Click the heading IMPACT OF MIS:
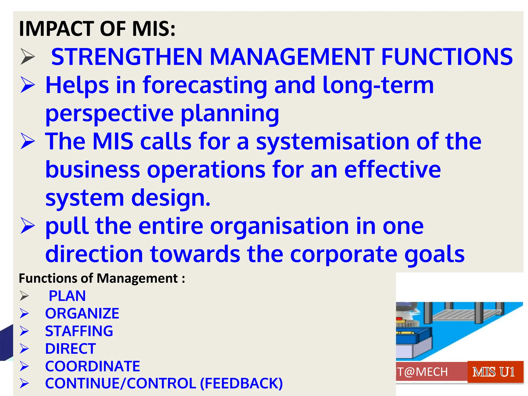[97, 29]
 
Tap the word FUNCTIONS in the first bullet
[447, 57]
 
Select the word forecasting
[205, 86]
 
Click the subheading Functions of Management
[102, 278]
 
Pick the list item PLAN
[67, 296]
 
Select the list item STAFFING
[79, 331]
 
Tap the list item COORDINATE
[92, 366]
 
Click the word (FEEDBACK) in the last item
[241, 383]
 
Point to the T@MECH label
[423, 372]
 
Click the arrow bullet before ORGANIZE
[24, 313]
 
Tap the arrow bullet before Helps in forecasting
[28, 85]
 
